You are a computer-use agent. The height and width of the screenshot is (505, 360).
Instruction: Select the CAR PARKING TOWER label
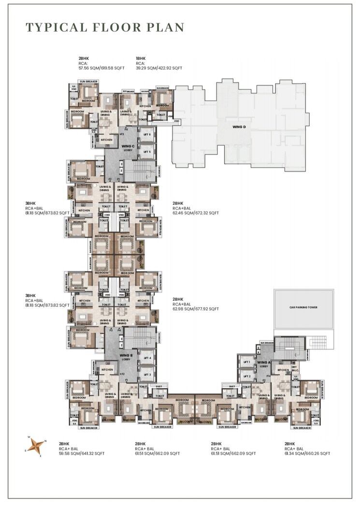point(303,307)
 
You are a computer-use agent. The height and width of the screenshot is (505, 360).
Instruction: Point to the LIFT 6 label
point(147,135)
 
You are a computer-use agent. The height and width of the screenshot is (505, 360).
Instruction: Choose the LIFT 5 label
point(147,152)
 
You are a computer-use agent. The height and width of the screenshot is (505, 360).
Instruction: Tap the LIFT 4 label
point(147,358)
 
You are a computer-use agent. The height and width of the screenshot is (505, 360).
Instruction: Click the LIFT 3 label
point(147,374)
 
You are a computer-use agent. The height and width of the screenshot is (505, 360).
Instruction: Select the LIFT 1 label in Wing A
point(247,362)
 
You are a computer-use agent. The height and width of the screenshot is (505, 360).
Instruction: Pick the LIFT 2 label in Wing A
point(247,376)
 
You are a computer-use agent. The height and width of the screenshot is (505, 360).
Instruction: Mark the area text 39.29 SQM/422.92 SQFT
point(159,69)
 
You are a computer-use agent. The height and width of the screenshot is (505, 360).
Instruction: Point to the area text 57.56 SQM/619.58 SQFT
point(101,69)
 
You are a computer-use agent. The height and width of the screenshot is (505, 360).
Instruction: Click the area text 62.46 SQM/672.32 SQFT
point(196,213)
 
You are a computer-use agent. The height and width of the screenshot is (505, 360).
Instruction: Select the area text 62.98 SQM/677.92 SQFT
point(196,309)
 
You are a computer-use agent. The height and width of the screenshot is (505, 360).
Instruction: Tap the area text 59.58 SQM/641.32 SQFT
point(82,453)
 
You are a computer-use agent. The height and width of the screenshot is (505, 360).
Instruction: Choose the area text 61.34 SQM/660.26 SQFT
point(307,453)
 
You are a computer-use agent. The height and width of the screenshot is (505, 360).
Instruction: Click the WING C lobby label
point(128,148)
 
